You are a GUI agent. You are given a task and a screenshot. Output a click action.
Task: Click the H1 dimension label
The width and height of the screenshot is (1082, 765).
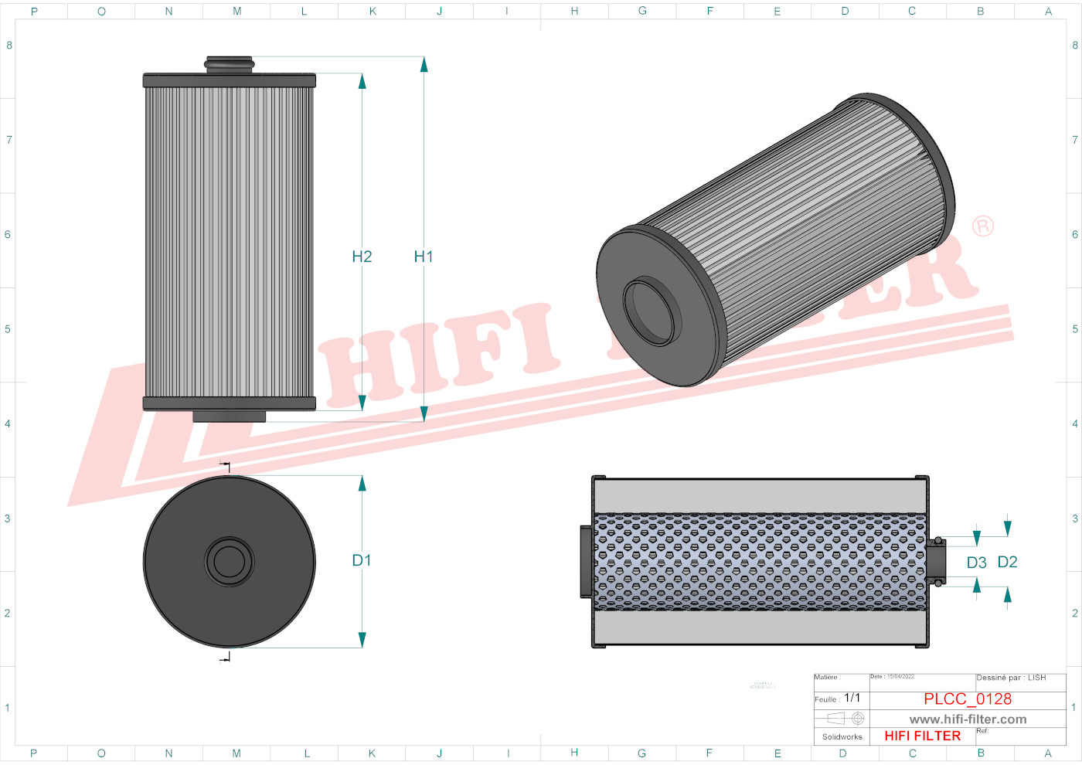point(424,257)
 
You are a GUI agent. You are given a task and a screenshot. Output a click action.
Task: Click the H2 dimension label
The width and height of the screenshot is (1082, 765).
point(362,257)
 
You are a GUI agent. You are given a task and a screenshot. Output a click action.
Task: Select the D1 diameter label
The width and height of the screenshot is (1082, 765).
point(362,560)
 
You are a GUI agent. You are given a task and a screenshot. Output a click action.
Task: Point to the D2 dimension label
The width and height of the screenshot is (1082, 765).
point(1007,562)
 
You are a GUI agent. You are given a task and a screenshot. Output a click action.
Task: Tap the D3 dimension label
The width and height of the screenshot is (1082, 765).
point(977,563)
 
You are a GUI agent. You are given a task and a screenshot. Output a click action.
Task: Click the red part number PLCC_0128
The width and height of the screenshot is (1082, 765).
point(968,699)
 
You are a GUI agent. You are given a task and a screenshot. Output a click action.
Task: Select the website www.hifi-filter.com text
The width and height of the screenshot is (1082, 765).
point(968,719)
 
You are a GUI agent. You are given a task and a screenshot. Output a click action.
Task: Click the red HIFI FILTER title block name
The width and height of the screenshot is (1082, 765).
point(922,736)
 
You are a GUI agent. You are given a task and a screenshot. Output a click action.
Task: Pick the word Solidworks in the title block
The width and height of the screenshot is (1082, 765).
point(842,737)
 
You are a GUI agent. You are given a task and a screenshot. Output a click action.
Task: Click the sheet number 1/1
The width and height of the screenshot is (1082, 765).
point(852,698)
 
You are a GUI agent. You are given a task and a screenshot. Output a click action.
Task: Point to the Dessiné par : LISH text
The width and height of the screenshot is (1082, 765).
point(1011,678)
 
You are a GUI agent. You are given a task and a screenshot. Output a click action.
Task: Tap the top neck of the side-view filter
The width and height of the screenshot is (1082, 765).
point(230,64)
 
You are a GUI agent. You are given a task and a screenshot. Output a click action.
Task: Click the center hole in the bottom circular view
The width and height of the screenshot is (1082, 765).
point(230,562)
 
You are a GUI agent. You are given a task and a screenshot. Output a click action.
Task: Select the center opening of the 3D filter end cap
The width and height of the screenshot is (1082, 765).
point(652,312)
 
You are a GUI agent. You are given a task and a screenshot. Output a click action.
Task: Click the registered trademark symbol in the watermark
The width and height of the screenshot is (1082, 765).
point(982,226)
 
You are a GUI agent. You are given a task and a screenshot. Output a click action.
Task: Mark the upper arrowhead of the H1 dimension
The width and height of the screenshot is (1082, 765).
point(424,64)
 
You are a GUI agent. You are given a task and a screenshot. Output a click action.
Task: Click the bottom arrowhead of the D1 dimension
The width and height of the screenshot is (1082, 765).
point(362,640)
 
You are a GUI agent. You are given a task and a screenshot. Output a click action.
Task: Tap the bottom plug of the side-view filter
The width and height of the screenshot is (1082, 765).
point(230,416)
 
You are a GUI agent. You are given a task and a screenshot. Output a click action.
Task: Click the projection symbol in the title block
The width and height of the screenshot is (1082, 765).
point(846,719)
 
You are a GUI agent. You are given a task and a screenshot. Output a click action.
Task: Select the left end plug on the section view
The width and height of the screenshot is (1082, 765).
point(586,562)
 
